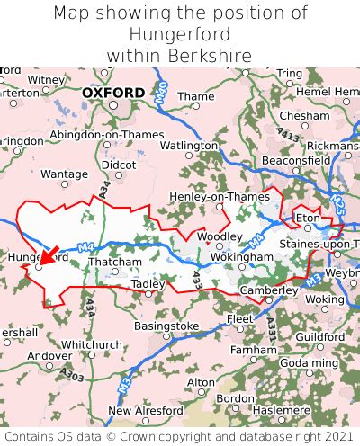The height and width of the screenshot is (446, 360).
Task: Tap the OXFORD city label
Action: pos(112,93)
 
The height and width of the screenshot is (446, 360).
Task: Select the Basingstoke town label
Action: pos(166,326)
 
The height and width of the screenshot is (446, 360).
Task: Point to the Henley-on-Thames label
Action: pos(208,196)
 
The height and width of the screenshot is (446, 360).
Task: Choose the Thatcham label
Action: pos(115,263)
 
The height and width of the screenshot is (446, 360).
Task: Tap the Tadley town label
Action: pos(148,284)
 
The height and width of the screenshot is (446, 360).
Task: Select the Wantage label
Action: pos(65,174)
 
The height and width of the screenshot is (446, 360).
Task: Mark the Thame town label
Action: pos(196,97)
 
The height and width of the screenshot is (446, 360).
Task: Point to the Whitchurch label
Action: pos(91,344)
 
